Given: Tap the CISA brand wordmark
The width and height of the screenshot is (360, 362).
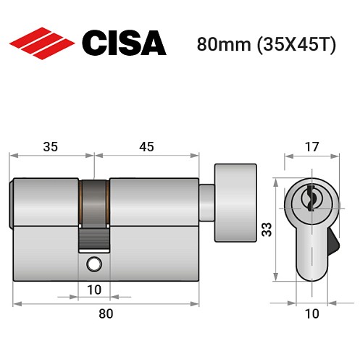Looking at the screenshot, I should tap(124, 43).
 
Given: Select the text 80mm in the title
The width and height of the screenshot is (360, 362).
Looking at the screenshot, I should tap(220, 44).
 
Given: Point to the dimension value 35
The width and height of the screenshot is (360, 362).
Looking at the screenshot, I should tap(51, 146).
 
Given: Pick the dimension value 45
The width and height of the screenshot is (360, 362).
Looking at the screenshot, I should tap(147, 146).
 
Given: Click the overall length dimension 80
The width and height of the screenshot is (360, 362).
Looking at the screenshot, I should tap(106, 313).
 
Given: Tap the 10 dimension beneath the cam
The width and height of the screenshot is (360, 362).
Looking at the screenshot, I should tap(93, 290).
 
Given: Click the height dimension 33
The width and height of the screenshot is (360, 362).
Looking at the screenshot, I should tap(266, 230).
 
